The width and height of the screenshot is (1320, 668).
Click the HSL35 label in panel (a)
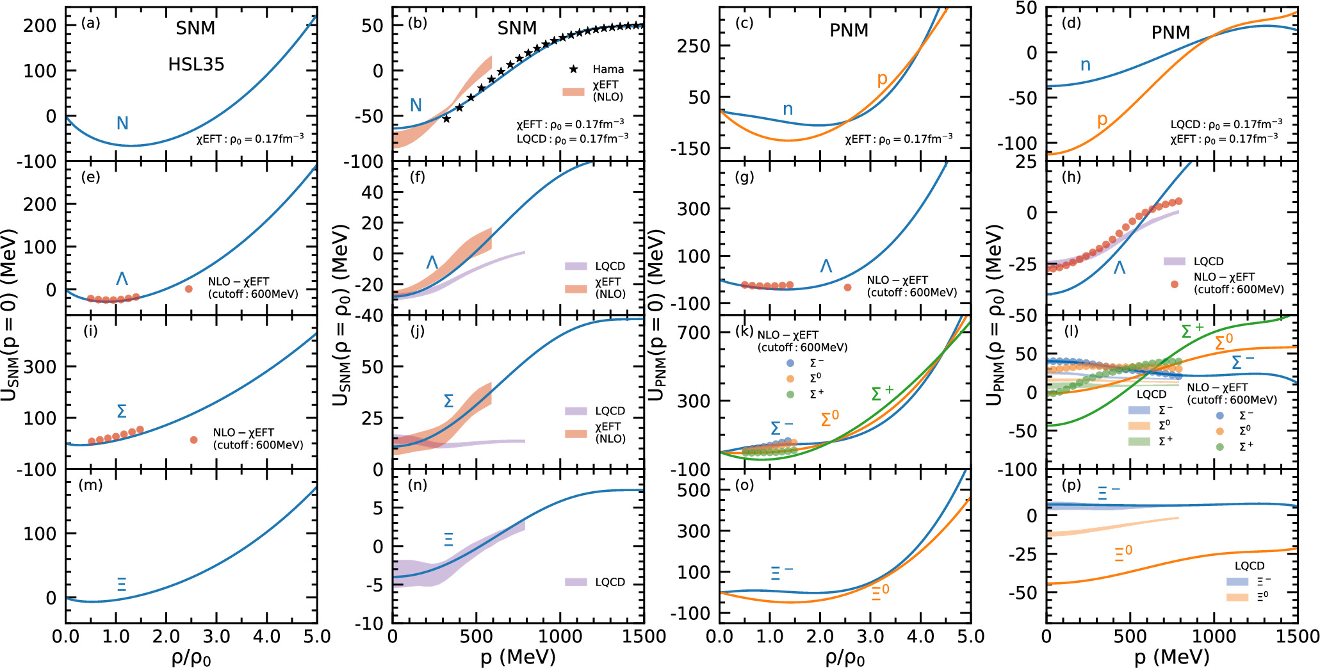[196, 64]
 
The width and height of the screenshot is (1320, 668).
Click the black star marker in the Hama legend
[573, 69]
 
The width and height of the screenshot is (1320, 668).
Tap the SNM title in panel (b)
[517, 28]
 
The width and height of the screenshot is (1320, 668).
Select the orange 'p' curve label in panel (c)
[882, 79]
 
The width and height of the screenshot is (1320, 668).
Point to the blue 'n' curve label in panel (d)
[1085, 65]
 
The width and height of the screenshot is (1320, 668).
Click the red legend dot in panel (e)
[189, 289]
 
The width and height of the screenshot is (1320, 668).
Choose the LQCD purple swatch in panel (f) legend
[576, 266]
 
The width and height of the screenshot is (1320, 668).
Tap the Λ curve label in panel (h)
[1119, 267]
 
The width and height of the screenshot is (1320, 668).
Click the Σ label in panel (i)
[122, 411]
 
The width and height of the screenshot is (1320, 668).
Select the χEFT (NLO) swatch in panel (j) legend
[576, 434]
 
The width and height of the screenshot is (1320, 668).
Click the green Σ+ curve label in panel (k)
[882, 393]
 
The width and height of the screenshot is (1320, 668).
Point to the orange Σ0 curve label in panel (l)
[1223, 342]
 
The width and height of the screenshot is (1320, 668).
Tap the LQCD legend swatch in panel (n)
[576, 582]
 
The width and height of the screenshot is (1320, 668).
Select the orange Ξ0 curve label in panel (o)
[880, 592]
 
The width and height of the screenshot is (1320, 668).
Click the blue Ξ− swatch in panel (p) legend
[1237, 582]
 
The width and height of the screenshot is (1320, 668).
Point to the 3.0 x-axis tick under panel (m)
[216, 637]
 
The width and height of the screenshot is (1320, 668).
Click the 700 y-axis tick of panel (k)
[694, 332]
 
